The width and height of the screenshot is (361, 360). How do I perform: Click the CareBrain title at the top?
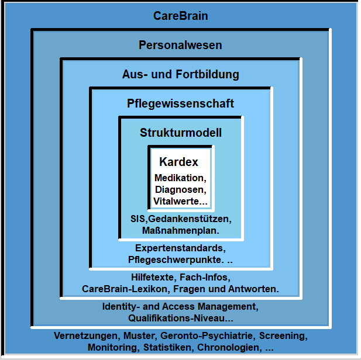click(180, 16)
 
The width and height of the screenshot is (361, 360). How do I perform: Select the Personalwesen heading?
click(180, 45)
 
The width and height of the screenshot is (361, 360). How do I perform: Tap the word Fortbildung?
click(207, 74)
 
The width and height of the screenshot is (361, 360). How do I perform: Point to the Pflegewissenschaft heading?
click(180, 103)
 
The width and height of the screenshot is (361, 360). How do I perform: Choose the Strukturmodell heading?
click(181, 133)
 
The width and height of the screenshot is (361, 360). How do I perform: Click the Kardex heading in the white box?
click(178, 162)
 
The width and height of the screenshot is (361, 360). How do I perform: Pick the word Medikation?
click(180, 178)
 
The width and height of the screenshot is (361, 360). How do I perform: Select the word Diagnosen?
click(180, 189)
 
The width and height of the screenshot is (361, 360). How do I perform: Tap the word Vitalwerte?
click(176, 201)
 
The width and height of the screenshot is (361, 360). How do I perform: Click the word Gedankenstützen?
click(188, 219)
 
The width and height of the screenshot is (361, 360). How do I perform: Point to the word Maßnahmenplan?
click(180, 230)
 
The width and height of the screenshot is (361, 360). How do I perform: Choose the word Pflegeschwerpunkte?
click(175, 259)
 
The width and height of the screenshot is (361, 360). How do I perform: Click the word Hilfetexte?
click(153, 277)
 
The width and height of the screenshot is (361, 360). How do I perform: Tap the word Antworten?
click(252, 289)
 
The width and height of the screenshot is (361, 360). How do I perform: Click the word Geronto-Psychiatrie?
click(207, 335)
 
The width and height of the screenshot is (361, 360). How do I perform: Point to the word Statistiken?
click(168, 347)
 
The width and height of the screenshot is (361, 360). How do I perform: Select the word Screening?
click(282, 335)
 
